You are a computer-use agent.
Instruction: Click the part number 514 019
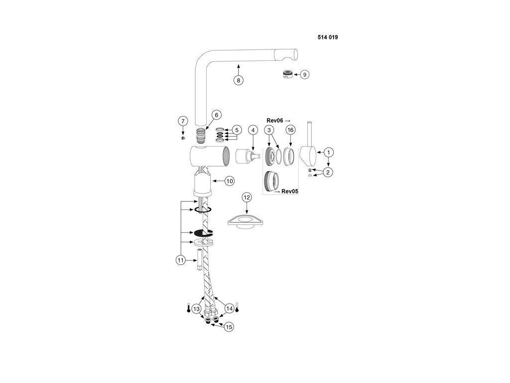[328, 37]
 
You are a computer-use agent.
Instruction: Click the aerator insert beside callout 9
[287, 74]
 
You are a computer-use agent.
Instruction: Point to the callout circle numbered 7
[183, 121]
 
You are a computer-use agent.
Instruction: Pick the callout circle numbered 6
[216, 115]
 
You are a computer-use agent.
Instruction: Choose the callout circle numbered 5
[237, 130]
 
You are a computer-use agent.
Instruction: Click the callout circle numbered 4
[253, 130]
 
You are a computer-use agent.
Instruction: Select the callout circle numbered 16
[290, 130]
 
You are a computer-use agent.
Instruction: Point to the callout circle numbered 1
[329, 151]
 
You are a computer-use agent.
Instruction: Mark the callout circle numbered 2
[328, 173]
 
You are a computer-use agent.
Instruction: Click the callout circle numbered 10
[229, 182]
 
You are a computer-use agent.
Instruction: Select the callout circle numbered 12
[247, 197]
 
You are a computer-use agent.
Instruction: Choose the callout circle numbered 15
[229, 327]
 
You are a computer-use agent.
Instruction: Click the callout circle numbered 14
[229, 308]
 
